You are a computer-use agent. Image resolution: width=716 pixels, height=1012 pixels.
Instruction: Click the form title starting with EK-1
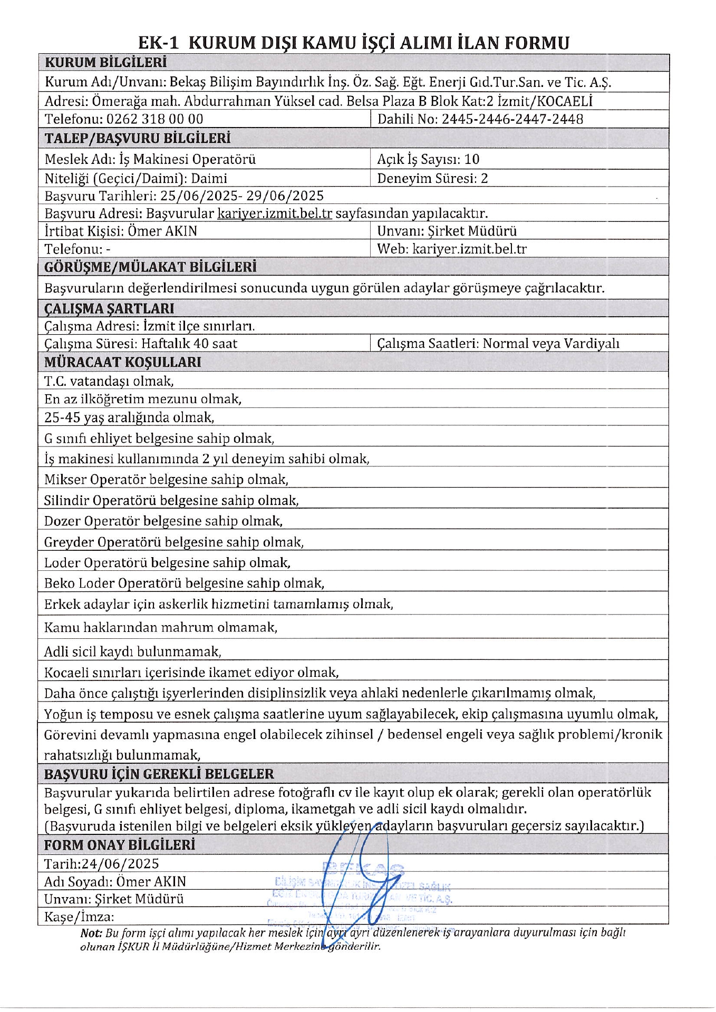pos(353,43)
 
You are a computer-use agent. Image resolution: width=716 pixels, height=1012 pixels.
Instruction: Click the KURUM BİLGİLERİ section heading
pos(105,63)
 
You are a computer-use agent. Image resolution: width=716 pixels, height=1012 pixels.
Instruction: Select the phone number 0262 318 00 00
pos(154,119)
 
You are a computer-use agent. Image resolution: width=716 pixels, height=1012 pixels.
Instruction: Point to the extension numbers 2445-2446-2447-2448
pos(512,119)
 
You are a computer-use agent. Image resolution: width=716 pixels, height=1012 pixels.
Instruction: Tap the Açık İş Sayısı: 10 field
pos(428,159)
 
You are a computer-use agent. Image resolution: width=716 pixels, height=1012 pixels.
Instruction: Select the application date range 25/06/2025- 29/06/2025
pos(242,196)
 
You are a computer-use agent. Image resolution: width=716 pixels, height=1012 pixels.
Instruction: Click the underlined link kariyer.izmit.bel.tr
pos(275,213)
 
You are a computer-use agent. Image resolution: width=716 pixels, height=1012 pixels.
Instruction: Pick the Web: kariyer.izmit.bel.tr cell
pos(452,249)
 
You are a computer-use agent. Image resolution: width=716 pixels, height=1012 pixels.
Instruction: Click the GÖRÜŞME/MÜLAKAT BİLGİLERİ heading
pos(150,267)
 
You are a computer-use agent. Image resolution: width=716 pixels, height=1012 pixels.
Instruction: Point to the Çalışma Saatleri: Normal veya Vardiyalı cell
pos(498,344)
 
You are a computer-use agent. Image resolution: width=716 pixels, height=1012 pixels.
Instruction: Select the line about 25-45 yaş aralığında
pos(129,418)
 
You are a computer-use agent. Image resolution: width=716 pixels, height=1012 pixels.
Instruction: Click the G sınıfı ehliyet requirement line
pos(159,439)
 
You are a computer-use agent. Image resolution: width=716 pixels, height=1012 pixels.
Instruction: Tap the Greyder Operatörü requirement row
pos(173,542)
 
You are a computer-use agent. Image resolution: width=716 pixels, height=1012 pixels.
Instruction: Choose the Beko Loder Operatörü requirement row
pos(184,583)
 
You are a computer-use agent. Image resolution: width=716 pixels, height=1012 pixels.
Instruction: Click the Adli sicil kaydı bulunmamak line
pos(132,652)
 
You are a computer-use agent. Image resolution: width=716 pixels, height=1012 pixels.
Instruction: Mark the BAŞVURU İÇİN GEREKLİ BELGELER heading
pos(159,774)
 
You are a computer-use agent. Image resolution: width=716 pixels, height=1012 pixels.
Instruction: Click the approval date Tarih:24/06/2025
pos(101,864)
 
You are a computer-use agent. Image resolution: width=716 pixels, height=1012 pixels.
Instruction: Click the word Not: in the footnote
pos(91,933)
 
